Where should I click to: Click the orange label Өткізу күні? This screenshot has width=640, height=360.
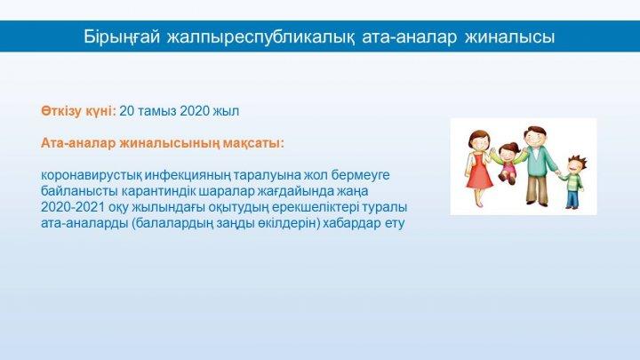[x=78, y=111]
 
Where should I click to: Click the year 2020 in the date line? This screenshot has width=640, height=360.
[x=195, y=111]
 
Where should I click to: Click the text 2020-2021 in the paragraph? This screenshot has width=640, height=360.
[x=73, y=207]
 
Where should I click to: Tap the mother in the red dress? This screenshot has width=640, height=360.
[x=478, y=168]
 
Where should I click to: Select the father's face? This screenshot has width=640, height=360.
[x=535, y=138]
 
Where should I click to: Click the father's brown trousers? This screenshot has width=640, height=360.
[x=537, y=189]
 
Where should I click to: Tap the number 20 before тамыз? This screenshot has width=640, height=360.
[x=126, y=111]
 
